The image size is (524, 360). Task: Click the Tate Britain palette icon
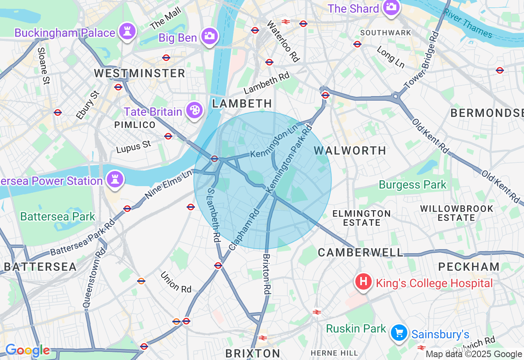click(x=194, y=110)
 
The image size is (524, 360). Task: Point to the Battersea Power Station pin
click(x=115, y=179)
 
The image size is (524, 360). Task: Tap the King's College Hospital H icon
click(x=363, y=281)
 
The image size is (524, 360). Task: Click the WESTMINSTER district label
click(x=139, y=74)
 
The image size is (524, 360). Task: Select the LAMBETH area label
click(x=242, y=103)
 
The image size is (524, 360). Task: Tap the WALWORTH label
click(x=350, y=151)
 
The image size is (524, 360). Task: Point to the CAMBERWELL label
click(x=361, y=252)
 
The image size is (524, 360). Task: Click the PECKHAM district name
click(x=469, y=267)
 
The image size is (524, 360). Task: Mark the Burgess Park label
click(x=413, y=185)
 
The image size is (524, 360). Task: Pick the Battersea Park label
click(x=58, y=216)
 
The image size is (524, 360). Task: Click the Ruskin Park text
click(x=356, y=328)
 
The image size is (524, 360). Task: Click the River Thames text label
click(x=469, y=23)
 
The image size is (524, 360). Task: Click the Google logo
click(x=27, y=351)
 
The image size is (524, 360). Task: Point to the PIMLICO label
click(x=135, y=125)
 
